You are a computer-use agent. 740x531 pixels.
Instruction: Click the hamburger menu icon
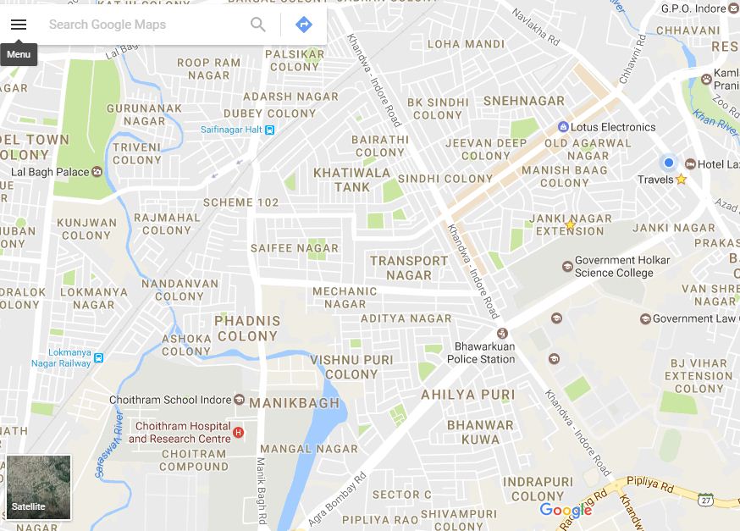click(19, 25)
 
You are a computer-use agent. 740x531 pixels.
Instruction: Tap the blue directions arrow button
click(304, 25)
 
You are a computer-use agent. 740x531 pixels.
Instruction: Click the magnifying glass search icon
click(258, 25)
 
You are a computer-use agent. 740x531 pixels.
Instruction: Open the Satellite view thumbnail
click(39, 487)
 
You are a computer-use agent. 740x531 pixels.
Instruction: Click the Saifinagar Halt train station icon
click(269, 130)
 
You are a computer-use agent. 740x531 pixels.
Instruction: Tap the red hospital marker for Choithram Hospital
click(238, 433)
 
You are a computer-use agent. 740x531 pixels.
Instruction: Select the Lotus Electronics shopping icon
click(563, 127)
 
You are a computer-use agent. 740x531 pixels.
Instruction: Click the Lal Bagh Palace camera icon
click(97, 172)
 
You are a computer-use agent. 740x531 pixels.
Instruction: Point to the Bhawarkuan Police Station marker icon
click(502, 332)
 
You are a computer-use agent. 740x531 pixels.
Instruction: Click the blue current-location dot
click(669, 163)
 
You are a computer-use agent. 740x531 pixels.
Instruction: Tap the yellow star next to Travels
click(681, 180)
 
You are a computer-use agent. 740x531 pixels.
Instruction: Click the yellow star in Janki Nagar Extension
click(571, 225)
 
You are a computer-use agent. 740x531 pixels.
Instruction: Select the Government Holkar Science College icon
click(567, 267)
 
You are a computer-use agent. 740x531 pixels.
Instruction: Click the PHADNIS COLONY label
click(247, 329)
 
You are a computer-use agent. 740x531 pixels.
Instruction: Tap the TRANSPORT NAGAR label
click(409, 268)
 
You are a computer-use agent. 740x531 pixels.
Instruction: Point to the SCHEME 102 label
click(240, 202)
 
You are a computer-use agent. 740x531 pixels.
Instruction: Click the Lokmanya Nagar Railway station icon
click(98, 357)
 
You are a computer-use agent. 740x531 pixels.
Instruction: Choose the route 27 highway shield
click(706, 499)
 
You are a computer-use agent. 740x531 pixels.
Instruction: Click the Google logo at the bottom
click(566, 510)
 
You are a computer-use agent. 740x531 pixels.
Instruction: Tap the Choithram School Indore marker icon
click(239, 400)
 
